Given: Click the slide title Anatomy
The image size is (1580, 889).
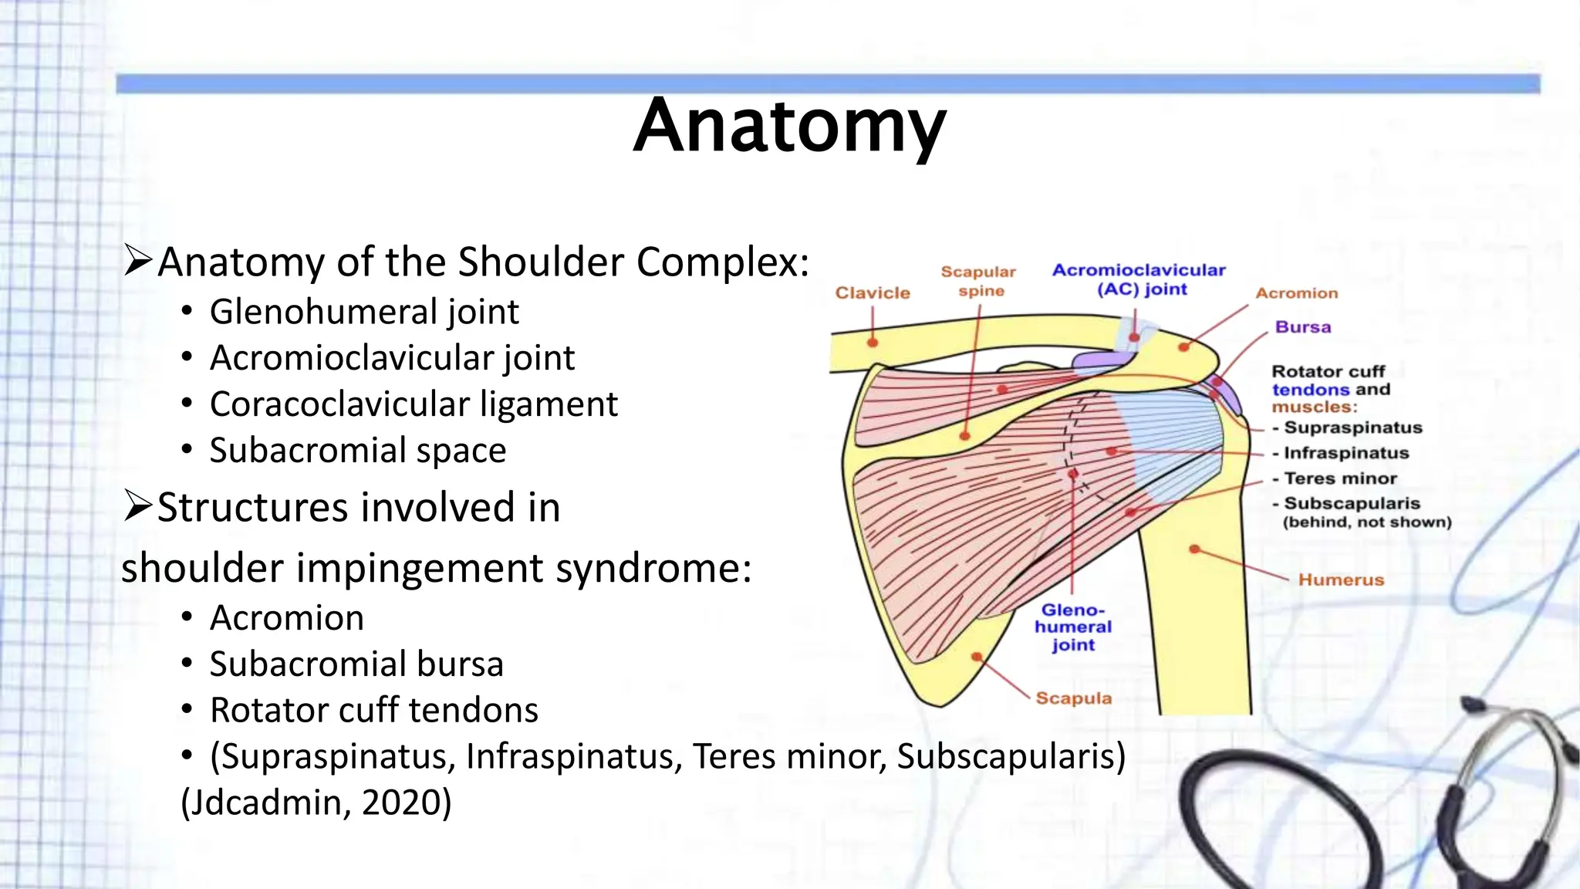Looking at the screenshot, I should click(789, 127).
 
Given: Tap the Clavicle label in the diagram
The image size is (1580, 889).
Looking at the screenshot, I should click(873, 293).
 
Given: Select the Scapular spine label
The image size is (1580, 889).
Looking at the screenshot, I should click(979, 282).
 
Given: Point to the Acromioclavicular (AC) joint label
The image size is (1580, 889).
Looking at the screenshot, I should click(1139, 279).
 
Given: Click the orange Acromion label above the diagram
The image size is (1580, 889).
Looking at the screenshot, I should click(1296, 293).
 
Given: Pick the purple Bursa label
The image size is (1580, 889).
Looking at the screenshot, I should click(1303, 327).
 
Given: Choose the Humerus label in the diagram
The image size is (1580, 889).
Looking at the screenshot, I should click(1341, 580).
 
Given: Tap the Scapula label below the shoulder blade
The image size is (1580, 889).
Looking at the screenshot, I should click(1073, 698).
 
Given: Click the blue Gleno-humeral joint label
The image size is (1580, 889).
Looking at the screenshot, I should click(1073, 627).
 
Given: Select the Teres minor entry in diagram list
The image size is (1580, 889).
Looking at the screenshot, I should click(1340, 478).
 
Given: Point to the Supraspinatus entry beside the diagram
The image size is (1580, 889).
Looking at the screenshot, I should click(1352, 428).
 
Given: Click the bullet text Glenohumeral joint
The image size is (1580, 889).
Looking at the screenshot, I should click(364, 312).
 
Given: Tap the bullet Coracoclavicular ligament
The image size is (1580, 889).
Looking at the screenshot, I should click(414, 404).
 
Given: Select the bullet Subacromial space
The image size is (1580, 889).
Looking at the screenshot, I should click(358, 451).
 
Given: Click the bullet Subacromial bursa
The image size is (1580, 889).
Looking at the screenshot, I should click(356, 664).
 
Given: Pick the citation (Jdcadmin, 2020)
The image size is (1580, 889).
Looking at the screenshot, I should click(316, 803).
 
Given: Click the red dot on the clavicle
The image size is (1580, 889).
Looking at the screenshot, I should click(873, 342).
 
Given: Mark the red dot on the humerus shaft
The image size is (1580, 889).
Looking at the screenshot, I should click(1194, 549).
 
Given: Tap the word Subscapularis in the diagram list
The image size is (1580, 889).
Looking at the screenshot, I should click(1352, 503).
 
